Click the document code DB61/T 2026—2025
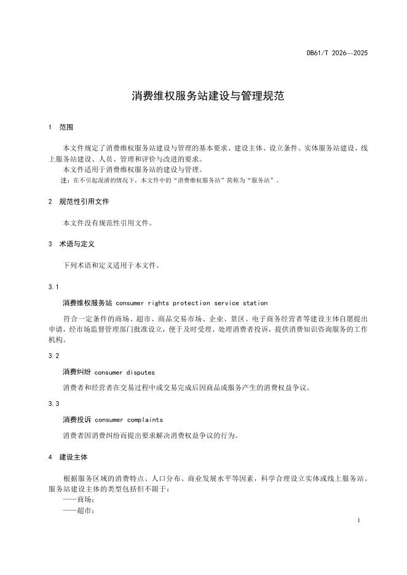(337, 53)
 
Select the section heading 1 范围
(61, 128)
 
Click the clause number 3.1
(53, 287)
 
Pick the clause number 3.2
(53, 356)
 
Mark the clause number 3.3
(53, 404)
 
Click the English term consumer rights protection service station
(191, 303)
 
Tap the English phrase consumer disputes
(125, 372)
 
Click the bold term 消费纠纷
(77, 372)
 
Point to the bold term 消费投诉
(77, 420)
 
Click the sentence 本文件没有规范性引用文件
(108, 223)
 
